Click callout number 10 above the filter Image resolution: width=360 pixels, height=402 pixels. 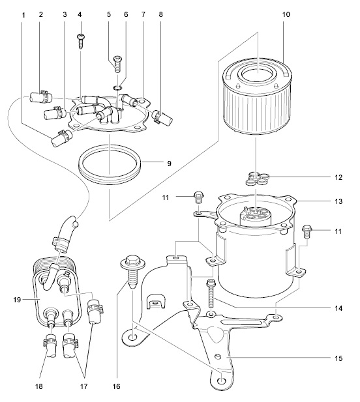click(286, 14)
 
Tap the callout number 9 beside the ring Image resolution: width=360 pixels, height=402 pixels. click(169, 164)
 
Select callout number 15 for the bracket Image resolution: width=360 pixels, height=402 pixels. click(338, 358)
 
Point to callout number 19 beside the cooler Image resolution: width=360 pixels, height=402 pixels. click(17, 300)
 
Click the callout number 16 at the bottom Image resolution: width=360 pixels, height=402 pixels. click(116, 386)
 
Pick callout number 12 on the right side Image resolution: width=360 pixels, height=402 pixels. click(338, 177)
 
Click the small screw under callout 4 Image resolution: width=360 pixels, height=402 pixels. click(80, 41)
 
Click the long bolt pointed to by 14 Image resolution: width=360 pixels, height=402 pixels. click(210, 294)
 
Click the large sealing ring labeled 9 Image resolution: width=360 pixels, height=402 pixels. click(110, 164)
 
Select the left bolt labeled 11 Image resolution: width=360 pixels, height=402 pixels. click(199, 197)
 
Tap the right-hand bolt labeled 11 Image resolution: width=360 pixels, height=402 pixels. click(307, 231)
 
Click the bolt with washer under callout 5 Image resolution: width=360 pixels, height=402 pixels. click(117, 64)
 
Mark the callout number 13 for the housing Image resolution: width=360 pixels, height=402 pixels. click(338, 201)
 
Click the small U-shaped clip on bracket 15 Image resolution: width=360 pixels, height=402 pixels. click(156, 302)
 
